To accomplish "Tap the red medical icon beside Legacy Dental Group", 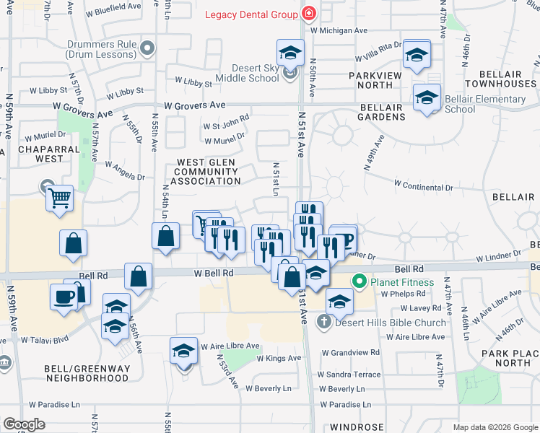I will pos(309,14).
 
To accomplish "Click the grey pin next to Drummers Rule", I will pos(147,48).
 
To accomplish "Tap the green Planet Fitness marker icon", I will pos(358,281).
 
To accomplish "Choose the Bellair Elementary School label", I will pos(485,104).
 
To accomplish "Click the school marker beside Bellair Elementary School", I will pos(427,98).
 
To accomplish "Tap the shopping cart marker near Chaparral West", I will pos(59,197).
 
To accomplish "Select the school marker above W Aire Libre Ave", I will pos(183,351).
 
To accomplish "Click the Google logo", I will pos(24,424).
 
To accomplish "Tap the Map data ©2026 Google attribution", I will pos(495,427).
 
